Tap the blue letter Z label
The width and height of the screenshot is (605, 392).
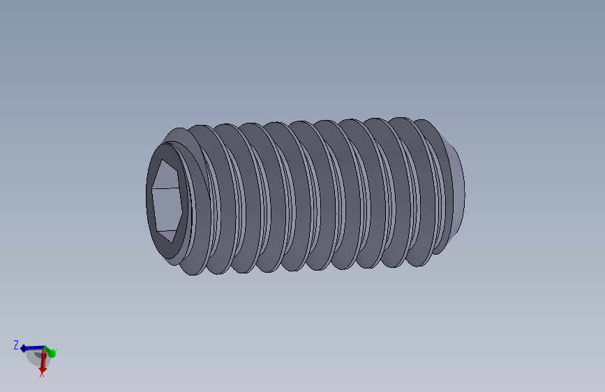pyautogui.click(x=15, y=345)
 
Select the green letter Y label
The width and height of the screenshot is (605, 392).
pyautogui.click(x=54, y=352)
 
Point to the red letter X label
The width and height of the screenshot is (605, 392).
pyautogui.click(x=42, y=375)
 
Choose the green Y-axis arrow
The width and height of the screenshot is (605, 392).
pyautogui.click(x=50, y=351)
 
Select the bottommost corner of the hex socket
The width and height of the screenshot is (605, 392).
pyautogui.click(x=170, y=243)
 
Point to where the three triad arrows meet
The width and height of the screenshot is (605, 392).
pyautogui.click(x=44, y=348)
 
